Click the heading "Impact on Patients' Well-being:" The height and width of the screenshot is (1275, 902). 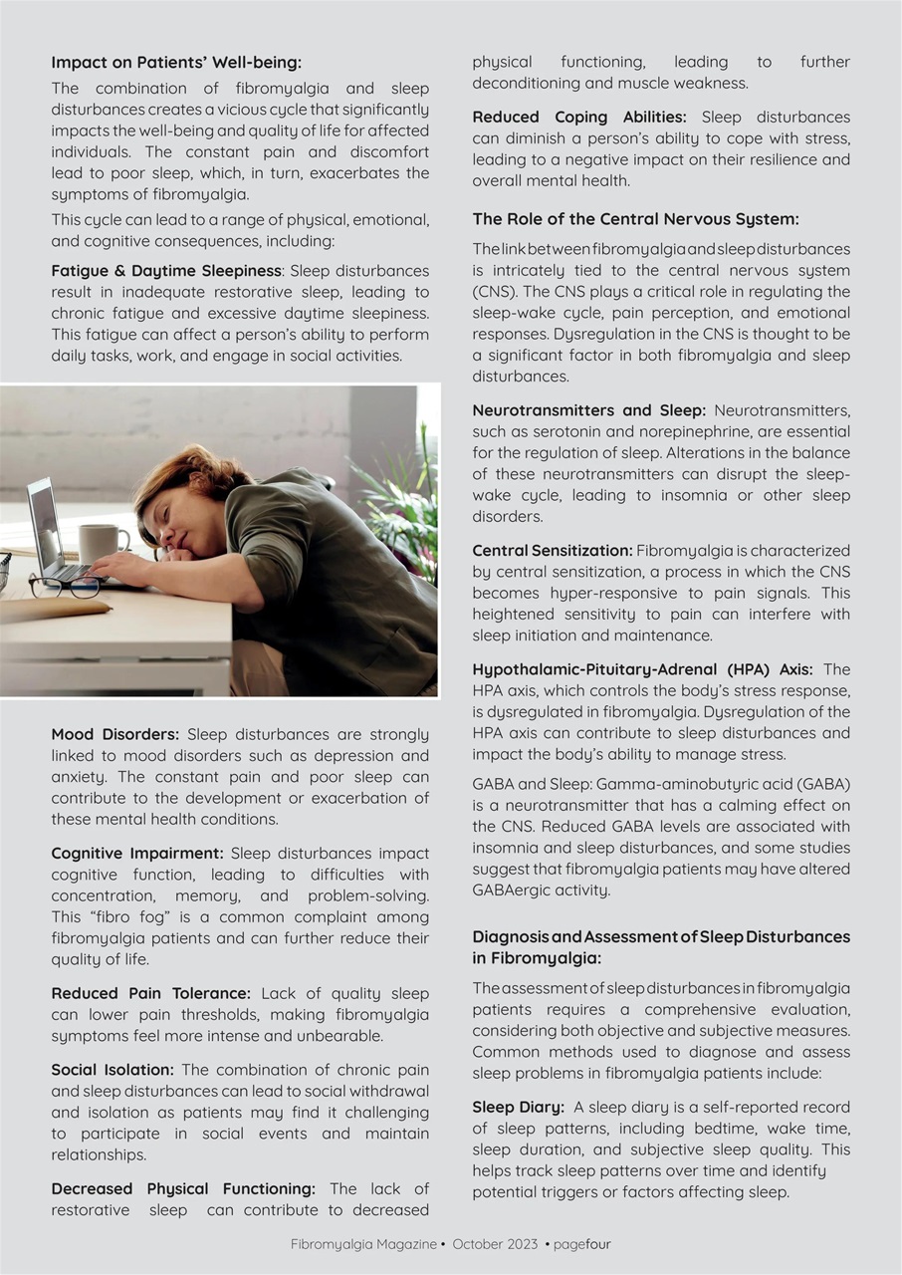click(176, 63)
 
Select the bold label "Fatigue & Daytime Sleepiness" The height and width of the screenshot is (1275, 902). click(167, 271)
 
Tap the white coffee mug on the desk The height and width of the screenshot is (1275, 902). click(102, 543)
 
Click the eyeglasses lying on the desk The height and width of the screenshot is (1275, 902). click(64, 586)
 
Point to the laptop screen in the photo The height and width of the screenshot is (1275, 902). click(44, 523)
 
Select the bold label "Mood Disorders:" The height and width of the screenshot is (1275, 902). click(115, 735)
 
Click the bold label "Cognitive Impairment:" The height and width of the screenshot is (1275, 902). click(137, 854)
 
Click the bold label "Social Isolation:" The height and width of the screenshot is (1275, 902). click(113, 1070)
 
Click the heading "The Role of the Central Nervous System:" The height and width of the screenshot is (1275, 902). click(635, 219)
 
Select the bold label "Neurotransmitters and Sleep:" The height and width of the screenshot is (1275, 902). click(588, 410)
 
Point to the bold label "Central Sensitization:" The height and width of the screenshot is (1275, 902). click(552, 551)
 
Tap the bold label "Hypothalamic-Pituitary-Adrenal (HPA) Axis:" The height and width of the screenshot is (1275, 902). click(642, 669)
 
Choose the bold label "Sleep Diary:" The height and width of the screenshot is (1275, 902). click(518, 1108)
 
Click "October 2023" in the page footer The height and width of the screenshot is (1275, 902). click(495, 1244)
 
